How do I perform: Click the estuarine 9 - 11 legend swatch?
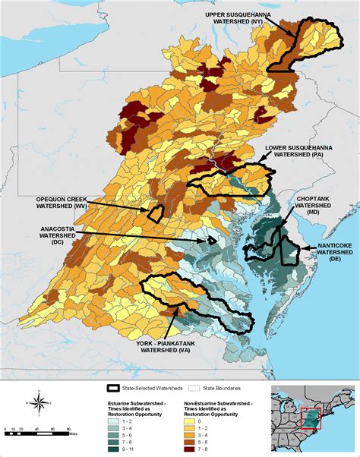115,449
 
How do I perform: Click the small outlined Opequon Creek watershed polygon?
156,213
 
